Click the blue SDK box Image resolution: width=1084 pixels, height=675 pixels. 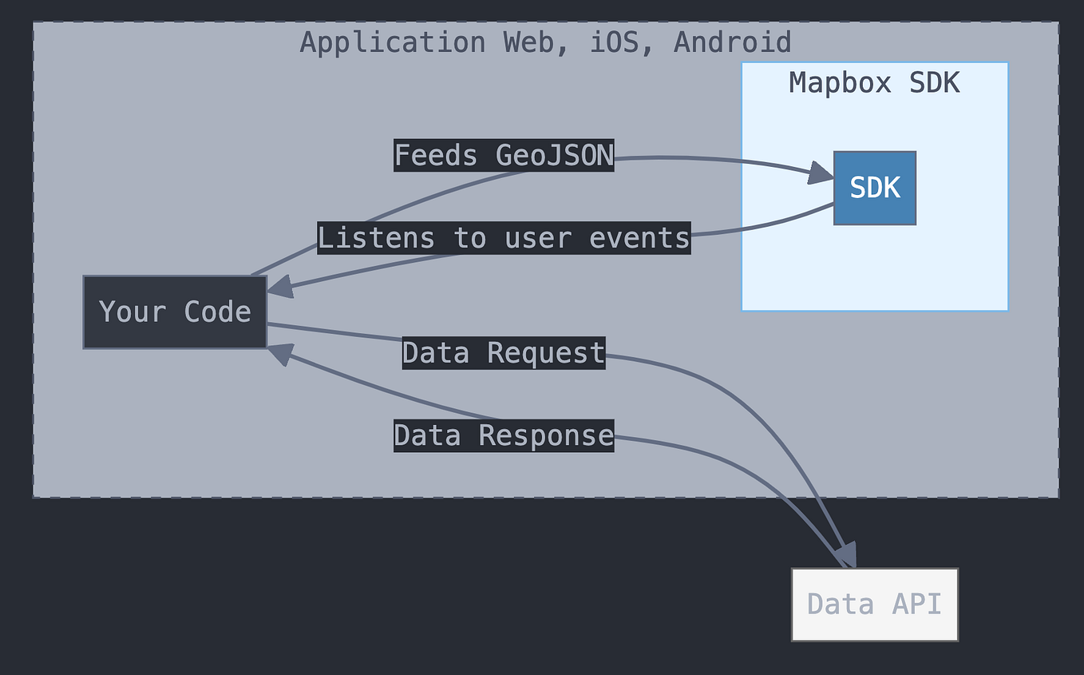[x=874, y=188]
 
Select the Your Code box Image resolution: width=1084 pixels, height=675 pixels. [x=175, y=312]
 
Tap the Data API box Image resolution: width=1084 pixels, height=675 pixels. [x=874, y=604]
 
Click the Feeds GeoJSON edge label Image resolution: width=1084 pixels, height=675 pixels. [x=504, y=155]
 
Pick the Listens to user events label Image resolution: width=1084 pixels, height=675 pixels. [x=504, y=238]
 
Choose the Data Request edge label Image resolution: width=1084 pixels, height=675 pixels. [x=504, y=353]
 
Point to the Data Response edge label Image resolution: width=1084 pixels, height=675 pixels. [x=504, y=435]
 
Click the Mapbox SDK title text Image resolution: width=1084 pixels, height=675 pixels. [x=874, y=83]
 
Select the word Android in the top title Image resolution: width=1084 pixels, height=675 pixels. [x=732, y=42]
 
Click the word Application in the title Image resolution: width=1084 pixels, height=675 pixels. [x=392, y=42]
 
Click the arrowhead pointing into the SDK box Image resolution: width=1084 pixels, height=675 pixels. [x=821, y=173]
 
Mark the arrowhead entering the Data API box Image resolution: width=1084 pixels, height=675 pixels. [x=847, y=555]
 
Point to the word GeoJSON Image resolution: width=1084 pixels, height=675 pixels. [x=554, y=155]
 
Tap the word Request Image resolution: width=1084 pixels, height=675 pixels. [x=545, y=353]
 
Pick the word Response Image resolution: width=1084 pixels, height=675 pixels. [x=545, y=435]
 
